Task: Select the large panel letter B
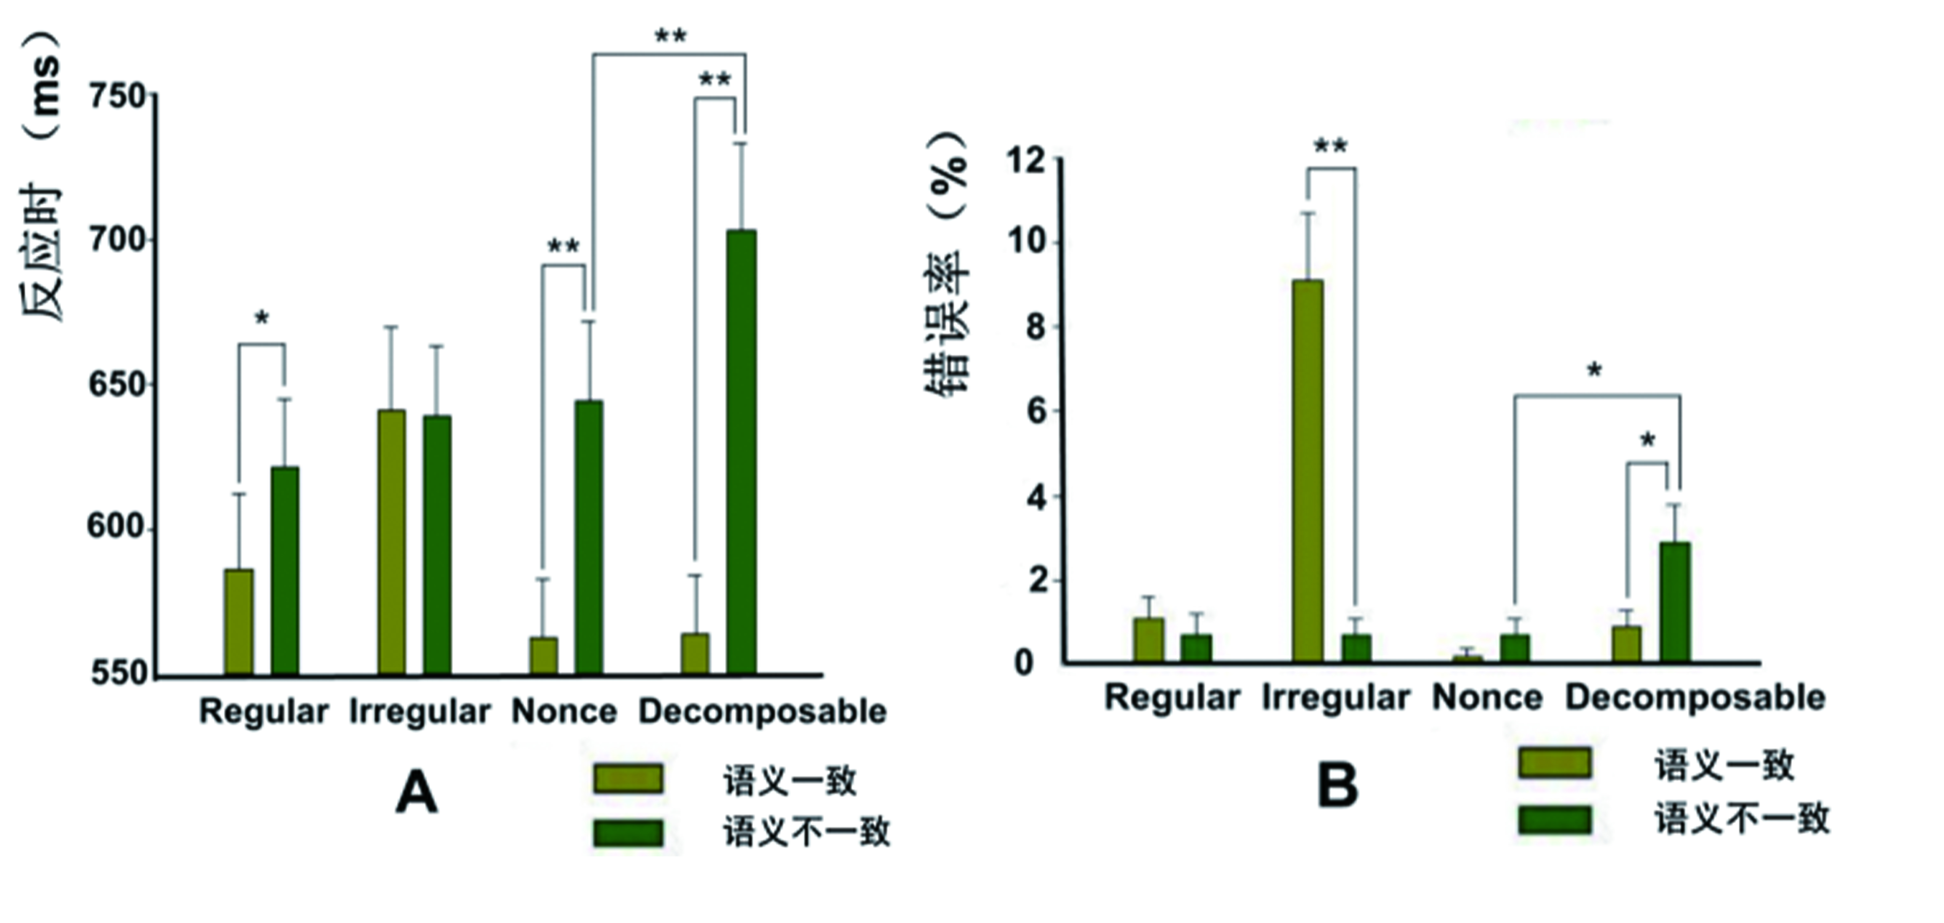(1337, 787)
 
